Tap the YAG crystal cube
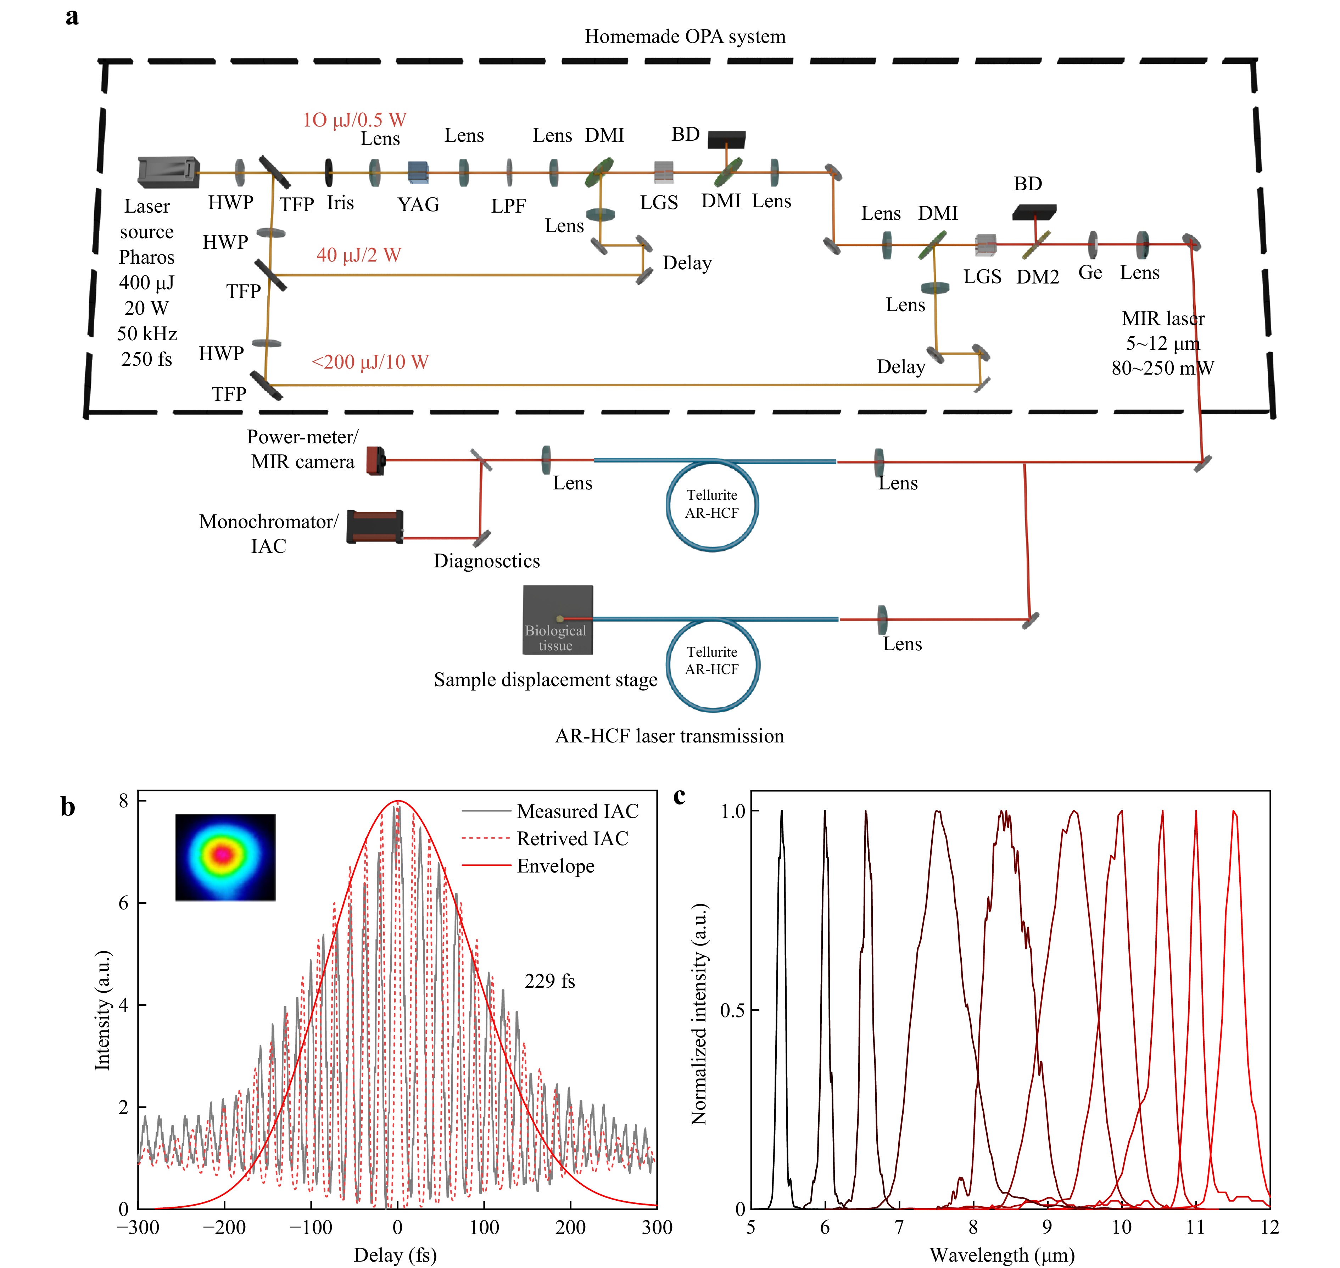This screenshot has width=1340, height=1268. tap(418, 172)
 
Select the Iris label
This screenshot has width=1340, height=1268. tap(340, 203)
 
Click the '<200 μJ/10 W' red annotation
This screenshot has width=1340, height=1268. tap(370, 362)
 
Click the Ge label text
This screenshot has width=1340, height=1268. tap(1090, 273)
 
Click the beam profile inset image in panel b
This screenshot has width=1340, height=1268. tap(225, 857)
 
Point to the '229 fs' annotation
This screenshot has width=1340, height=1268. tap(549, 981)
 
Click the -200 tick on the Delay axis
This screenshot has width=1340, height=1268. tap(224, 1228)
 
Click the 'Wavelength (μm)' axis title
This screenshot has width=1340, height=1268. tap(1001, 1255)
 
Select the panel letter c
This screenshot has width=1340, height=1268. tap(680, 796)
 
